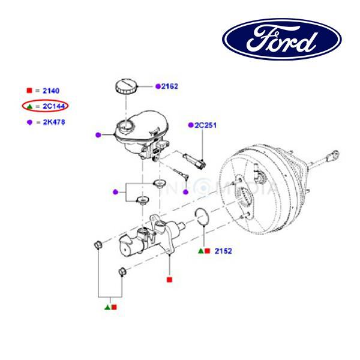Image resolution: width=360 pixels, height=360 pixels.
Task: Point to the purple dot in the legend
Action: pyautogui.click(x=29, y=122)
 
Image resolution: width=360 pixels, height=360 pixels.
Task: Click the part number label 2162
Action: pyautogui.click(x=170, y=86)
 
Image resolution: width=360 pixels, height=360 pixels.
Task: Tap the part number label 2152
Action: pyautogui.click(x=223, y=250)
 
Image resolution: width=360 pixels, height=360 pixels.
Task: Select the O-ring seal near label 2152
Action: pyautogui.click(x=202, y=217)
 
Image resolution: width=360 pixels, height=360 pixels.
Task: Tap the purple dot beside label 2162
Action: pyautogui.click(x=158, y=86)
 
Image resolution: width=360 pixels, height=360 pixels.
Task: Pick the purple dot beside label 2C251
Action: pyautogui.click(x=191, y=125)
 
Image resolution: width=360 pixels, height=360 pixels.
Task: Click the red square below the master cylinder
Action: pyautogui.click(x=169, y=280)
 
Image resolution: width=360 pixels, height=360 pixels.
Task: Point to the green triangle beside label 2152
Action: pyautogui.click(x=201, y=250)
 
